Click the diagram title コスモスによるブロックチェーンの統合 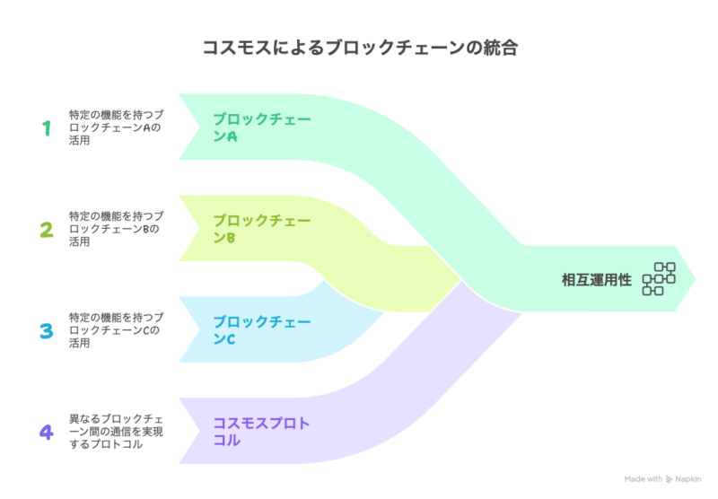(360, 48)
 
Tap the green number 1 (47, 128)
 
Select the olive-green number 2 (47, 230)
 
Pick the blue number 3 (47, 331)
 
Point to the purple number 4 (47, 433)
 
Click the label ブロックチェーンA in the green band (262, 127)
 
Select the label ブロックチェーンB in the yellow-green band (262, 229)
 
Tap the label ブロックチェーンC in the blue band (262, 330)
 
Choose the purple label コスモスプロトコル (261, 432)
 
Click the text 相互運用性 (597, 280)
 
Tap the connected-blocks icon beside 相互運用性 (659, 279)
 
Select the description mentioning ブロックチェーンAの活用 (116, 127)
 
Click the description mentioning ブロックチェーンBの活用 (116, 229)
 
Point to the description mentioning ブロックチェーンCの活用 (116, 330)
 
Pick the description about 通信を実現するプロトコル (116, 432)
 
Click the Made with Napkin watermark (662, 479)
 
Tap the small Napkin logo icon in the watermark (669, 479)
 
